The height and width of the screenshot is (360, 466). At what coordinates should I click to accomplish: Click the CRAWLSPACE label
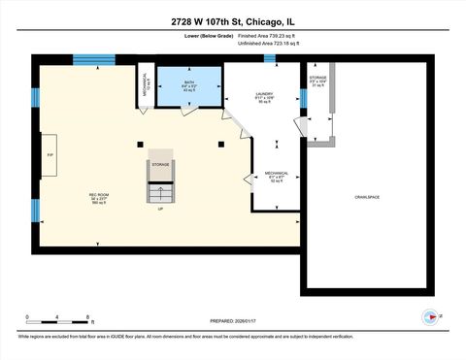pos(367,197)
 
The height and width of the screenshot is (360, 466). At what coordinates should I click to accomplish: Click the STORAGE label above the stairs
pos(161,165)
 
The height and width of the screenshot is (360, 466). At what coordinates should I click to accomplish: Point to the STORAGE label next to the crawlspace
pos(318,79)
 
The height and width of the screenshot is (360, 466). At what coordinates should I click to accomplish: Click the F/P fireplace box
pos(50,155)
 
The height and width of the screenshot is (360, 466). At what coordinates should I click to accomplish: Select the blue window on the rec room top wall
pos(94,59)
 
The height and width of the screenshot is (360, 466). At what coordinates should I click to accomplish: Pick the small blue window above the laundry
pos(269,59)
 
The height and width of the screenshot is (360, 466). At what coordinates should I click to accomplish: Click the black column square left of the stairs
pos(142,145)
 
